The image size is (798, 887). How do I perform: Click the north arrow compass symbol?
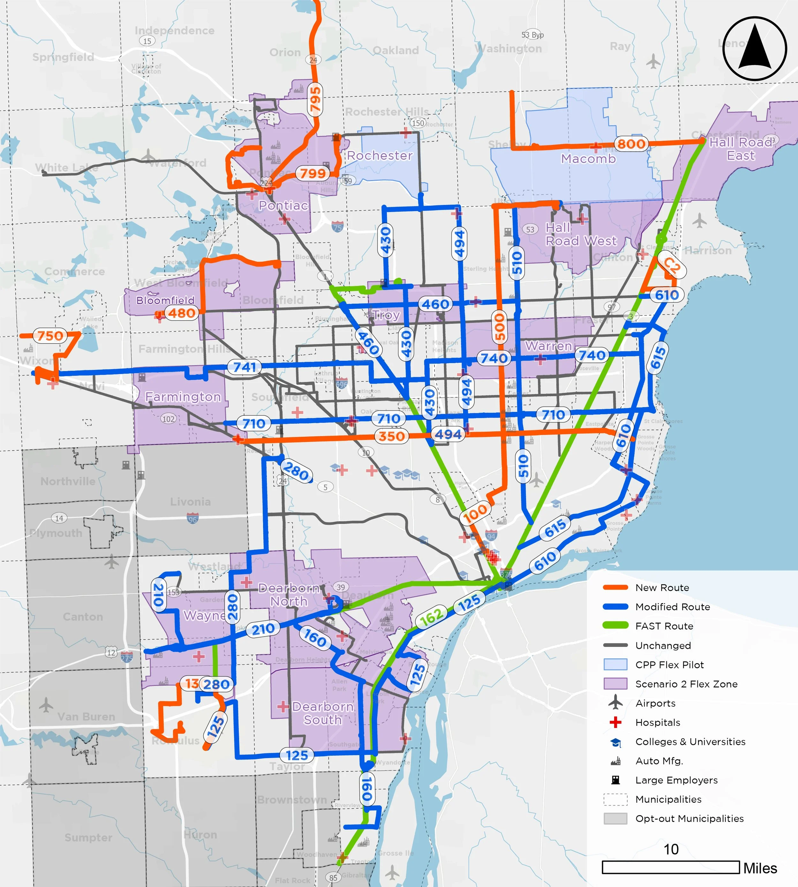point(755,49)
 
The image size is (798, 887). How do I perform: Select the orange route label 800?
point(631,144)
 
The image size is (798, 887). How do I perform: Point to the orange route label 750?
point(50,336)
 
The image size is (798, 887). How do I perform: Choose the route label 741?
point(244,367)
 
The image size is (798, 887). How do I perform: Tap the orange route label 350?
point(392,436)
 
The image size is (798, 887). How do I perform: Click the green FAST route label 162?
point(432,617)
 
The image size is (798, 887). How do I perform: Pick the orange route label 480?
point(182,313)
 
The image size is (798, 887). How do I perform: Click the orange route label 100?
point(475,513)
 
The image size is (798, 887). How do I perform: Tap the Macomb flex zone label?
point(588,159)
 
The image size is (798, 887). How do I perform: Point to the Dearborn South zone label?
point(323,713)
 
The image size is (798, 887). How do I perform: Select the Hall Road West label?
point(581,234)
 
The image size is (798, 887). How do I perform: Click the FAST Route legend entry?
point(664,626)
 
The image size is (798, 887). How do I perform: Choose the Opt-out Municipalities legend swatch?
point(615,819)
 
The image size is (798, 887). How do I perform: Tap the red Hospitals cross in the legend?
point(616,723)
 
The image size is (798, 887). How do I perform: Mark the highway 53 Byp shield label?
point(532,35)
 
